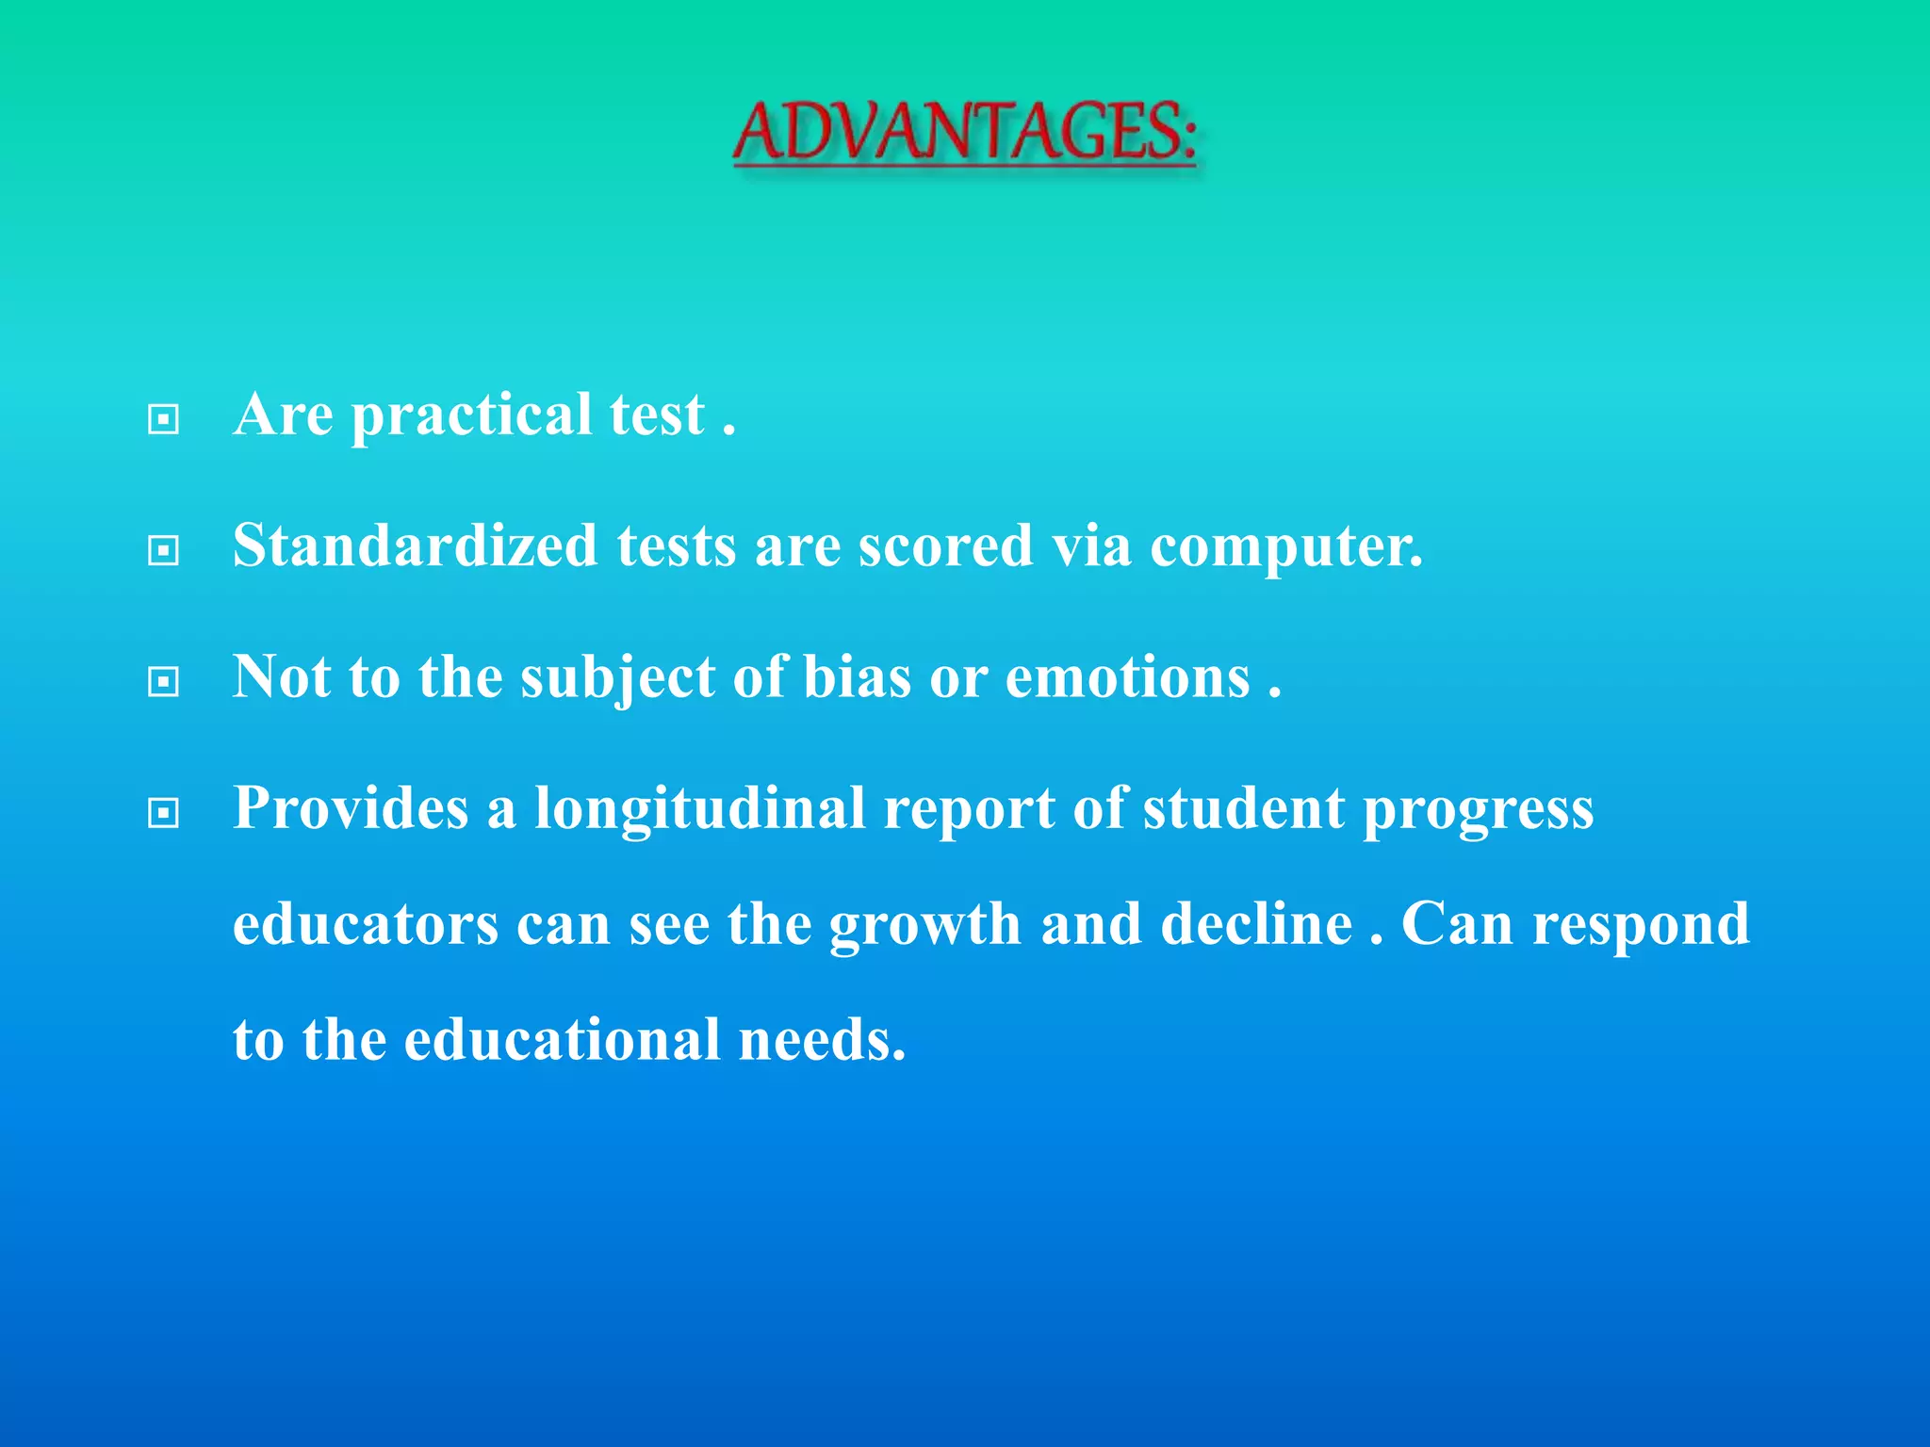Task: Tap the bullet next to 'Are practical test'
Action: [x=164, y=419]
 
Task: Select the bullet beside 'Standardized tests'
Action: [x=164, y=550]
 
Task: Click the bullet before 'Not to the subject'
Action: [x=164, y=681]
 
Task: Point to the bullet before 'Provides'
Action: [x=164, y=812]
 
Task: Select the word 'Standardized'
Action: [x=415, y=545]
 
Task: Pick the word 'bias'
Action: [x=857, y=676]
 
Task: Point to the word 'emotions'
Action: [x=1127, y=676]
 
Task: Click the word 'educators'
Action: [x=366, y=924]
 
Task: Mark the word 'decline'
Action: [x=1256, y=924]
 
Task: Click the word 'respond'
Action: [x=1640, y=926]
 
